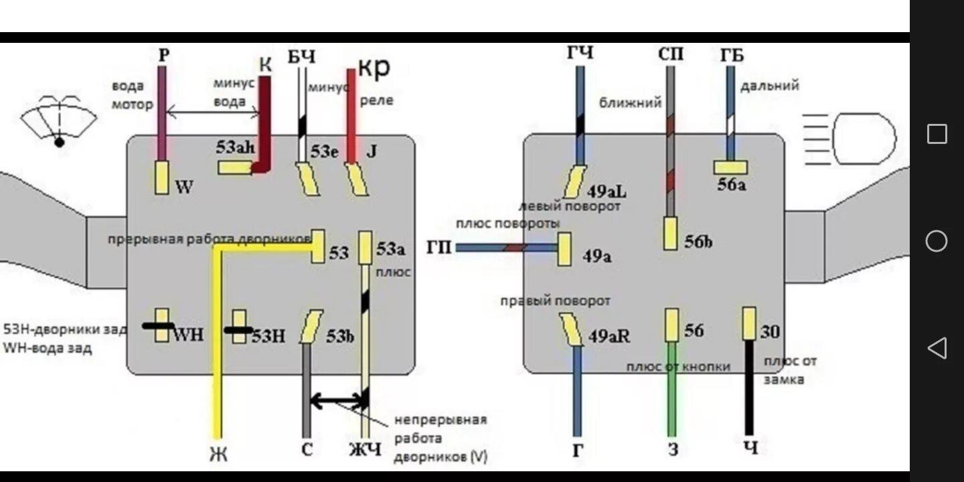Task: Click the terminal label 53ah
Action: click(235, 148)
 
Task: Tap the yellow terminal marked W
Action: click(162, 178)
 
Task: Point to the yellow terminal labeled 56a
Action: click(730, 167)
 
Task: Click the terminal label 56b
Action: click(698, 242)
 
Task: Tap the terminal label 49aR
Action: click(609, 337)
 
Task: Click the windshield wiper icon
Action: click(59, 120)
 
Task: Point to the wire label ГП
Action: click(438, 248)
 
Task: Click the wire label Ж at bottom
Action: click(218, 454)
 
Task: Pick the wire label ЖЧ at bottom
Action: click(365, 449)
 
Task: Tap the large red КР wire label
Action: click(374, 67)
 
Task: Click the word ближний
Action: click(630, 102)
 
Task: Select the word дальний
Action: click(770, 86)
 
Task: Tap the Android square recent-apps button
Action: click(937, 134)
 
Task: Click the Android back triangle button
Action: click(937, 347)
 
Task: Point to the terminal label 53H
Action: click(268, 336)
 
